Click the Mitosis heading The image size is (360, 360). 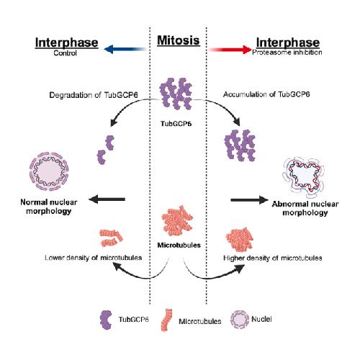pos(179,40)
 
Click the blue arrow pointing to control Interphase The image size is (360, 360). pos(125,49)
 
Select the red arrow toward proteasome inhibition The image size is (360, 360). pos(230,50)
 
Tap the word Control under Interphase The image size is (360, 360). pos(65,53)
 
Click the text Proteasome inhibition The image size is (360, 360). pos(287,53)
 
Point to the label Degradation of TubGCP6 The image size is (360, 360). pos(94,95)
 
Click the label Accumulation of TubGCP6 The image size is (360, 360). pos(266,94)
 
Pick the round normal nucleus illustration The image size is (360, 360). pos(49,171)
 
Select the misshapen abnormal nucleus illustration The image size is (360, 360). pos(304,176)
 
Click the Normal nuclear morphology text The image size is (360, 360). pos(49,207)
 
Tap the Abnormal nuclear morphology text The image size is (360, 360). pos(305,208)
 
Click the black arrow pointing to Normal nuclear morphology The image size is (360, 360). pos(107,199)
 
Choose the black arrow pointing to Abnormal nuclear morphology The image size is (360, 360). pos(249,199)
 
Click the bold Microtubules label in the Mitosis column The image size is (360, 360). pos(179,245)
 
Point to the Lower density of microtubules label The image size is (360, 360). pos(94,258)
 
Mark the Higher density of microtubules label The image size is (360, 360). pos(273,258)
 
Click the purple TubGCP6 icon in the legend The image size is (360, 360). pos(106,320)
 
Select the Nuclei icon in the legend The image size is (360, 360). pos(240,320)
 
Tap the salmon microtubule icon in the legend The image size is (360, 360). pos(166,320)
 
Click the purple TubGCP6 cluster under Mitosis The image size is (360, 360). pos(176,94)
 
